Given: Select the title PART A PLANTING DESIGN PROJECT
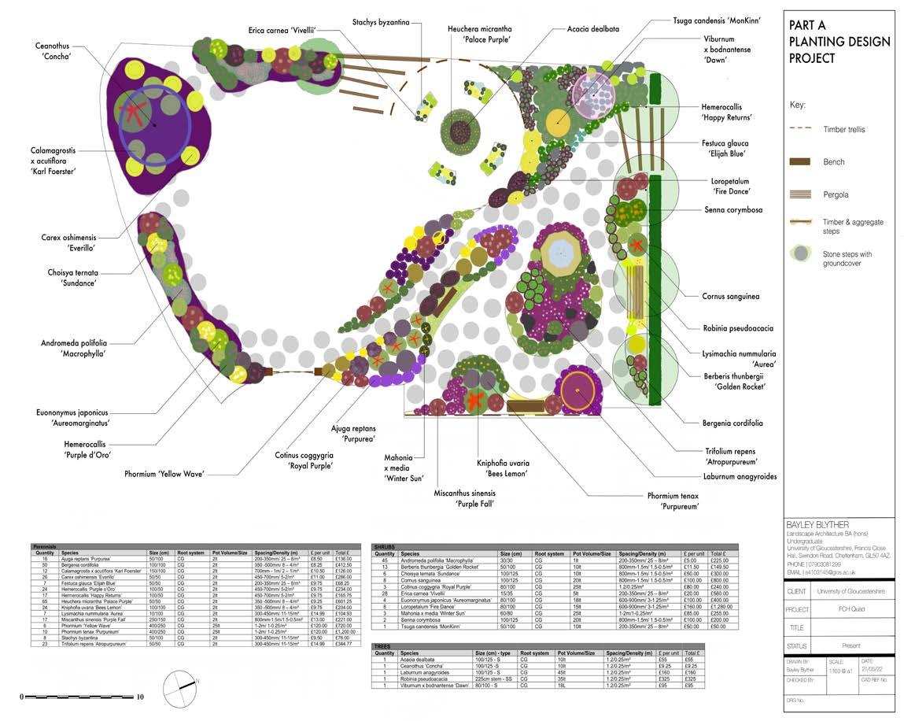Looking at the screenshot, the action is click(839, 42).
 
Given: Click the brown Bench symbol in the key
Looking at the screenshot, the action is click(799, 161).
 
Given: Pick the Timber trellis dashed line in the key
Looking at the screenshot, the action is click(799, 129).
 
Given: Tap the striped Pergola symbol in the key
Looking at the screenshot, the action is click(799, 194).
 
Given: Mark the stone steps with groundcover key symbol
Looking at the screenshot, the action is click(800, 253).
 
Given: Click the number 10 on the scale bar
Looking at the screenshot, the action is click(139, 697).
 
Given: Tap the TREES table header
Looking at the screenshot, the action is click(383, 645).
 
